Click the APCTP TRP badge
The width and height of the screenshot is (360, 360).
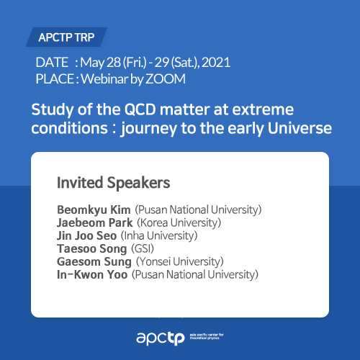pyautogui.click(x=66, y=37)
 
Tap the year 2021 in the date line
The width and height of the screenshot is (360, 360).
pyautogui.click(x=216, y=63)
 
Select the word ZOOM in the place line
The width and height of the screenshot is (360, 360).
pyautogui.click(x=166, y=79)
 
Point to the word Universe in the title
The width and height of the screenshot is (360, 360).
pyautogui.click(x=300, y=128)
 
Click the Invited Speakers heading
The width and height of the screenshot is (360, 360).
pyautogui.click(x=114, y=183)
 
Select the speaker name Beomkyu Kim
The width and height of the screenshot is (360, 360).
pyautogui.click(x=94, y=210)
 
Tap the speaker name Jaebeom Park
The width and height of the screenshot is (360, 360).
pyautogui.click(x=95, y=222)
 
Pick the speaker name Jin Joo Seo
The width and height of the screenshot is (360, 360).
pyautogui.click(x=87, y=235)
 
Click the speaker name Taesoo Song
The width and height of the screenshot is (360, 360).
pyautogui.click(x=92, y=249)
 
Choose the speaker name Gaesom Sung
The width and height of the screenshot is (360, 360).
pyautogui.click(x=94, y=262)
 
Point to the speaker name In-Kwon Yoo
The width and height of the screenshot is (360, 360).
pyautogui.click(x=92, y=275)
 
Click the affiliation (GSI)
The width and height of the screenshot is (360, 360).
pyautogui.click(x=143, y=248)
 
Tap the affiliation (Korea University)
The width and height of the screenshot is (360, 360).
pyautogui.click(x=179, y=222)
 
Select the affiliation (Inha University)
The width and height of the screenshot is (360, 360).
pyautogui.click(x=159, y=235)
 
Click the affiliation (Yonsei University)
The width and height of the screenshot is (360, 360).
pyautogui.click(x=180, y=261)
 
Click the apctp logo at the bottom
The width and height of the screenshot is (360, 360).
pyautogui.click(x=180, y=338)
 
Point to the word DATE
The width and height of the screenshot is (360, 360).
pyautogui.click(x=52, y=63)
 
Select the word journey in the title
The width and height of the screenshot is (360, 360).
pyautogui.click(x=149, y=129)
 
